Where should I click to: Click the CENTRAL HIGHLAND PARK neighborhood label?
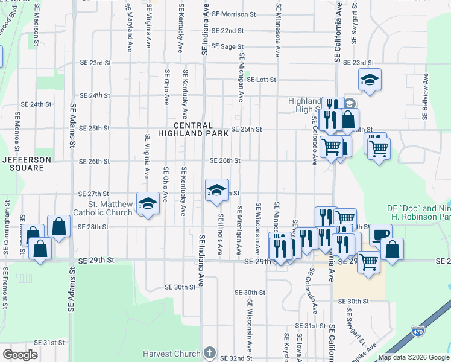click(x=194, y=129)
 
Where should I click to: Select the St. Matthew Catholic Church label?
click(x=102, y=208)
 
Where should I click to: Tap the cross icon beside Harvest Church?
click(x=209, y=352)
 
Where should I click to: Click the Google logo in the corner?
click(x=20, y=354)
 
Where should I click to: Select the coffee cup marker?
click(x=380, y=234)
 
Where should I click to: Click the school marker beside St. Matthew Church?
click(x=147, y=203)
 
